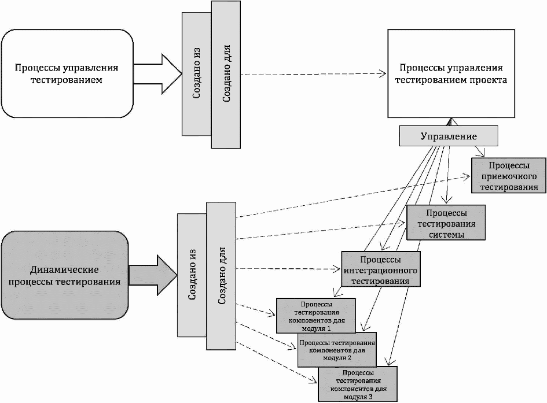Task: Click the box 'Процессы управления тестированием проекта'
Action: tap(451, 73)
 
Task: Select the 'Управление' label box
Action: tap(449, 136)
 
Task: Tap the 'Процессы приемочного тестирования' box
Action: tap(509, 176)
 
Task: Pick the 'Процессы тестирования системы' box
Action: tap(446, 223)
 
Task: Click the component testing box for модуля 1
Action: tap(316, 316)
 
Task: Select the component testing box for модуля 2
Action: tap(337, 349)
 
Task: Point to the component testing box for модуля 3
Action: tap(358, 384)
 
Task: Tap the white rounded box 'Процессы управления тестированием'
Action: tap(67, 73)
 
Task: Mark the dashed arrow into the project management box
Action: tap(313, 74)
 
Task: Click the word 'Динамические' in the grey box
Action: tap(64, 269)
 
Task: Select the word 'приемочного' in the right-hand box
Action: tap(509, 176)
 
